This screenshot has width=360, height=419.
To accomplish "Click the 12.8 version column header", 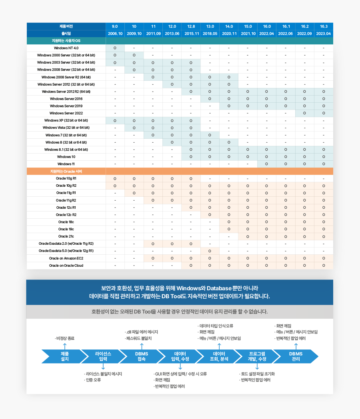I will tap(191, 26).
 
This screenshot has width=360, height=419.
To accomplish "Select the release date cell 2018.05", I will tap(210, 34).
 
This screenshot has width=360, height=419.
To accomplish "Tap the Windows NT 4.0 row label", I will tap(66, 48).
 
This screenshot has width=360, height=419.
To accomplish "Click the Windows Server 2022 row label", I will tap(66, 113).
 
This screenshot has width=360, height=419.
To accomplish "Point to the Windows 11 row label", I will tap(66, 164).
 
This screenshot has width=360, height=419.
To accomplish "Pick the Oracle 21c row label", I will tap(66, 236).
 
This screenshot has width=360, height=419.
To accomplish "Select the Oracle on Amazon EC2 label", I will tap(66, 258).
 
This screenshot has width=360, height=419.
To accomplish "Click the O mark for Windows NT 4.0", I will tap(115, 48).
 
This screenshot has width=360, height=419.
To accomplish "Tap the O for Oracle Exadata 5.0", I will tap(210, 251).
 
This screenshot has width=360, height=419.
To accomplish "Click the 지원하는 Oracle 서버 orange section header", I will tap(66, 171).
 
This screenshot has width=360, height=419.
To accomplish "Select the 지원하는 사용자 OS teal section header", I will tap(66, 41).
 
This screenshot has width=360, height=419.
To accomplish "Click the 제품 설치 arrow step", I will tap(64, 356).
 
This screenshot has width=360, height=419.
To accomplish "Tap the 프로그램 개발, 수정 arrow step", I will tap(257, 356).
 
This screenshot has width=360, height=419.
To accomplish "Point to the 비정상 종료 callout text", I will tap(65, 338).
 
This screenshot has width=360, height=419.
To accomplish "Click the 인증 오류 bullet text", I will tap(93, 380).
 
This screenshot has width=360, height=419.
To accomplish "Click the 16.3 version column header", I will tap(324, 26).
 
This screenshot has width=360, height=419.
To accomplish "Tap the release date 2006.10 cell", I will tap(115, 34).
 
